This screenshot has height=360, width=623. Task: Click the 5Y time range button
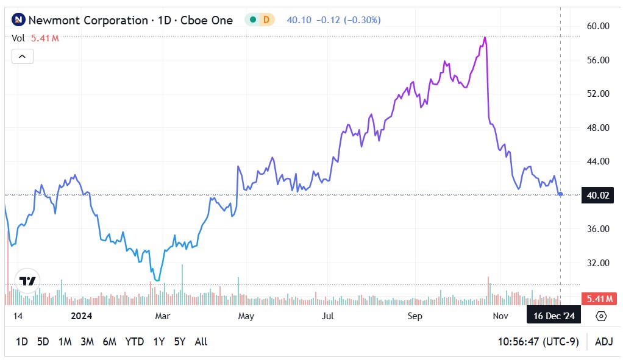(179, 342)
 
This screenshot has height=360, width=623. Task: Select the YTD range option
(134, 342)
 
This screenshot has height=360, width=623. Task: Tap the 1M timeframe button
(65, 342)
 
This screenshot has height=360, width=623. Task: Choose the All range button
(201, 342)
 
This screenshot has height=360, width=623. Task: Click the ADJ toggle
(603, 342)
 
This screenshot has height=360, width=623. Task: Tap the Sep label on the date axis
(415, 316)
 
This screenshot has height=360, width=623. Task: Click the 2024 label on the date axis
(81, 316)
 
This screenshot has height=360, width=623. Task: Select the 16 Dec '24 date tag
(554, 316)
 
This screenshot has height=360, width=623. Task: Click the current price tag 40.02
(597, 196)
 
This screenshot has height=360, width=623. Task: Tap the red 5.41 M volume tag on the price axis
(597, 298)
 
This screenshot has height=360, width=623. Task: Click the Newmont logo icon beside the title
(19, 20)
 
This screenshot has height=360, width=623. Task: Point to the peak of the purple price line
(485, 38)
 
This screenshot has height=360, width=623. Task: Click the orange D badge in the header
(266, 20)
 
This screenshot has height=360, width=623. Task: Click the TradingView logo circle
(27, 281)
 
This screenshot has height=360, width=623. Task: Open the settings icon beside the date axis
(601, 316)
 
